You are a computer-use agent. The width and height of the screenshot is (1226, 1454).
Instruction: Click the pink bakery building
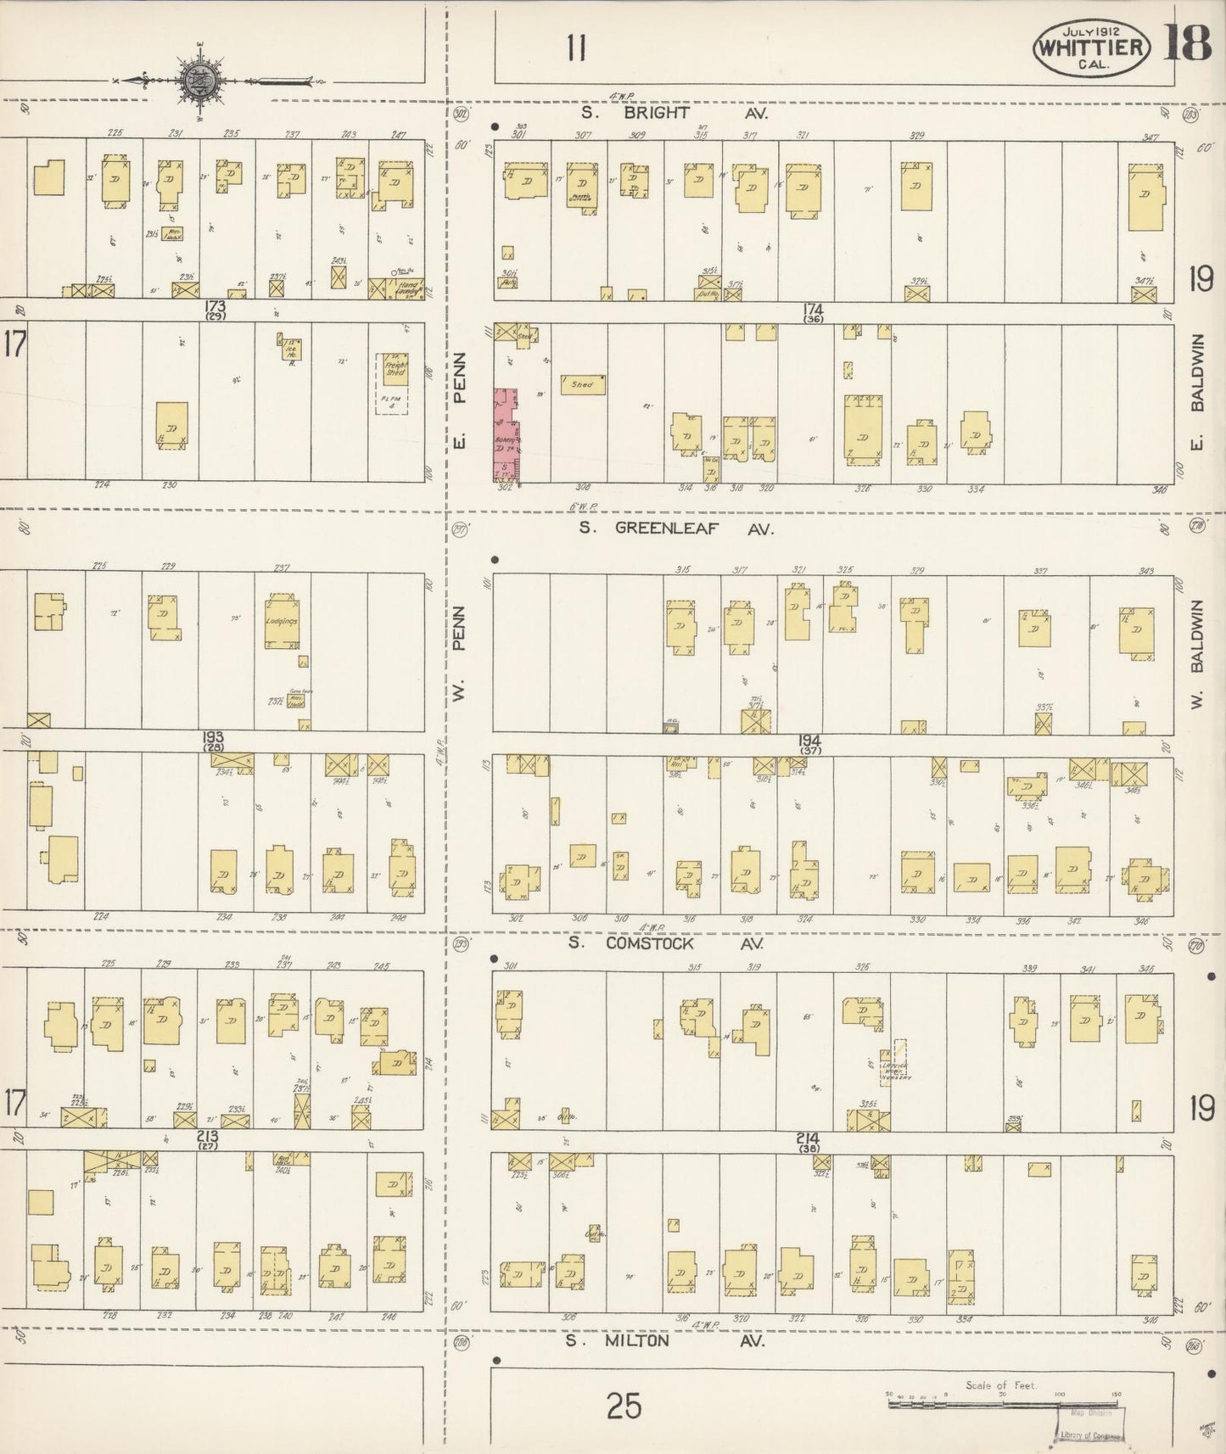pos(507,435)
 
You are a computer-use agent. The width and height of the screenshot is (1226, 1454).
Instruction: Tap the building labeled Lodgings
pos(280,620)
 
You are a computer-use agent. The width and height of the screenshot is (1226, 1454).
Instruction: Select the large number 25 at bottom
pos(624,1407)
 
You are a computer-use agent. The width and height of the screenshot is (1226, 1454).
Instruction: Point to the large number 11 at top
pos(577,50)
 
